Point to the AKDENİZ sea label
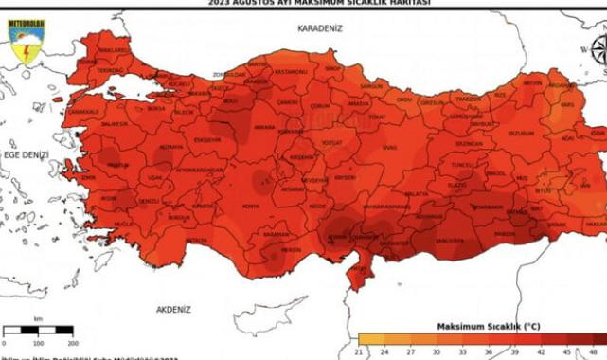(x=173, y=310)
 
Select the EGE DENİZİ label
(x=24, y=153)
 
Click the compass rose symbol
(x=598, y=49)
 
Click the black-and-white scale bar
(x=38, y=330)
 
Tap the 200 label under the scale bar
(x=72, y=342)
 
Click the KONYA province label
(x=250, y=206)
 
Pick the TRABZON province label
(x=467, y=99)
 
